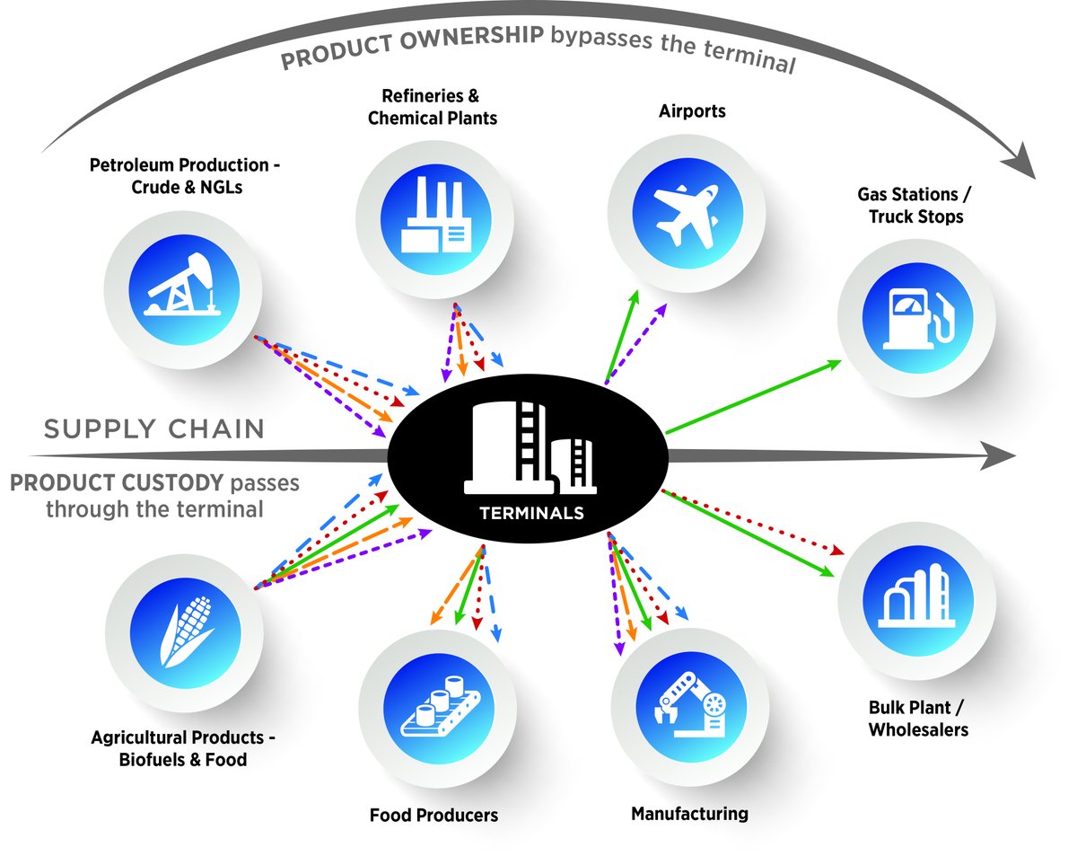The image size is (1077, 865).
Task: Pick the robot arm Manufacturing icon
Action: [x=689, y=702]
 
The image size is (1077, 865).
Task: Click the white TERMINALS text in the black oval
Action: [x=532, y=514]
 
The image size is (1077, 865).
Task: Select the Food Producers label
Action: [x=433, y=816]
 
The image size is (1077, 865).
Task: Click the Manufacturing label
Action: [x=689, y=814]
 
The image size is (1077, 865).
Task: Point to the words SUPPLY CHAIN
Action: [x=154, y=429]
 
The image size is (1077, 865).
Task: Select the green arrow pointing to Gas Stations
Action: [x=754, y=395]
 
